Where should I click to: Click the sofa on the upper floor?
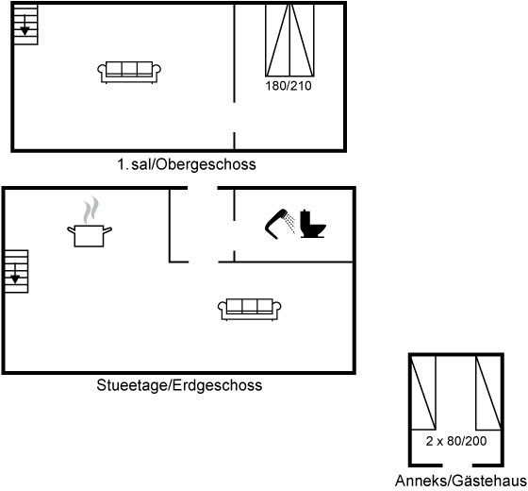click(x=129, y=72)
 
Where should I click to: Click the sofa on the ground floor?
click(x=250, y=310)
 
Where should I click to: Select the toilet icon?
click(x=313, y=224)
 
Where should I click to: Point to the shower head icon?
click(x=275, y=224)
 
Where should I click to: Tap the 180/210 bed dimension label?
click(x=289, y=86)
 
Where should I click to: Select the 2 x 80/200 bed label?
click(x=456, y=441)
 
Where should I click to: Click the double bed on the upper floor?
click(x=289, y=41)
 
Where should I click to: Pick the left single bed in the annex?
click(x=423, y=393)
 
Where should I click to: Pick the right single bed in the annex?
click(x=488, y=393)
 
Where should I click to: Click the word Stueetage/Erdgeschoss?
click(x=179, y=385)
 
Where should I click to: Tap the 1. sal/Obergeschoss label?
click(x=187, y=164)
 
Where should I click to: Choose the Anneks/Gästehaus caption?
click(x=461, y=481)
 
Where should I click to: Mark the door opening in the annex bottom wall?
click(x=457, y=466)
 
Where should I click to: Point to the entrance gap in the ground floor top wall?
click(x=203, y=188)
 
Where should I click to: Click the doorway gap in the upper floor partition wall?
click(x=235, y=117)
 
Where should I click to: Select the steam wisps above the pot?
click(x=91, y=210)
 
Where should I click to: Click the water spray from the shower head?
click(x=289, y=223)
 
